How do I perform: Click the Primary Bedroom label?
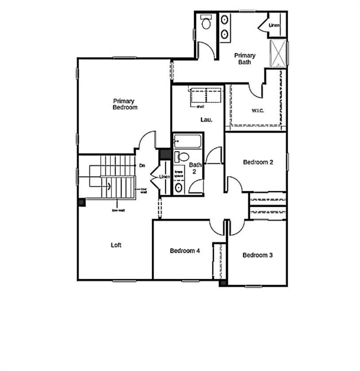click(125, 104)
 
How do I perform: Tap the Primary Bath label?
click(244, 58)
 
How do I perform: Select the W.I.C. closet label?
click(258, 111)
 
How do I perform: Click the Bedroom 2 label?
click(258, 162)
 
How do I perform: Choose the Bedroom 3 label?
click(257, 255)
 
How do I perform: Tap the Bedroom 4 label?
click(185, 251)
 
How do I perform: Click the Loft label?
click(116, 245)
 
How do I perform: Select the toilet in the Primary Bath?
click(206, 22)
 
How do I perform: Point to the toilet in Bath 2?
click(182, 157)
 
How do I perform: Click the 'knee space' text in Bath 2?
click(179, 174)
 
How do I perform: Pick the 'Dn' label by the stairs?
click(142, 166)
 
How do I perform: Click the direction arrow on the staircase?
click(108, 185)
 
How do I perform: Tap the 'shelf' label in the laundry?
click(200, 107)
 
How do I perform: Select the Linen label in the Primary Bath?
click(274, 25)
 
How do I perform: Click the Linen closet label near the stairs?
click(164, 177)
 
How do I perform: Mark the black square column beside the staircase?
click(81, 202)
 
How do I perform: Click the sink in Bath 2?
click(178, 188)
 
